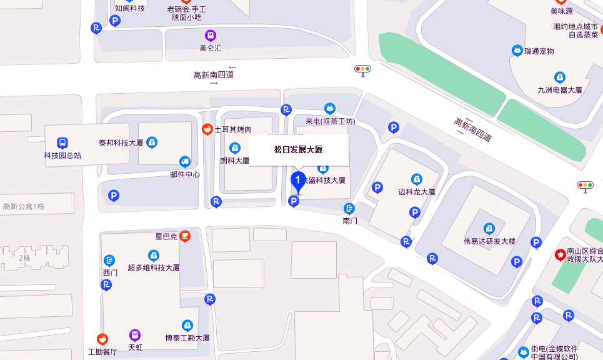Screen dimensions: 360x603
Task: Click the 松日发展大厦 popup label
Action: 299,150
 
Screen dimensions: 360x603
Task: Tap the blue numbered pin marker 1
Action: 299,182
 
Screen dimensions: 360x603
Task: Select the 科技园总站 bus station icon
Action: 62,143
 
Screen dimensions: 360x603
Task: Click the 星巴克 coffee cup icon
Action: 184,236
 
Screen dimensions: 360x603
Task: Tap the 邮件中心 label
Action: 185,174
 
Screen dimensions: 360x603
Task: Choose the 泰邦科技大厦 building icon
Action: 152,142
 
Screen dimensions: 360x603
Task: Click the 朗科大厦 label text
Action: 234,161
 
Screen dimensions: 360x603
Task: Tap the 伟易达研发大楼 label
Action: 489,241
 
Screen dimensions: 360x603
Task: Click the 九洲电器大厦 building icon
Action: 560,77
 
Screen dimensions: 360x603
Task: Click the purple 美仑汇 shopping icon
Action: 211,36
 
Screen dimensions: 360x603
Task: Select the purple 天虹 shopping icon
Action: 135,335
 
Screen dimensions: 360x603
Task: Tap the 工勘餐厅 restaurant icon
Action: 102,339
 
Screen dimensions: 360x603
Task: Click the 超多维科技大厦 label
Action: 154,267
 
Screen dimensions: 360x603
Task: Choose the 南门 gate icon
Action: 350,209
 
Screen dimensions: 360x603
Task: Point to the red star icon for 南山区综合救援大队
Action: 561,254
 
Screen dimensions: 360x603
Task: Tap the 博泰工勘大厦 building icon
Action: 187,325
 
